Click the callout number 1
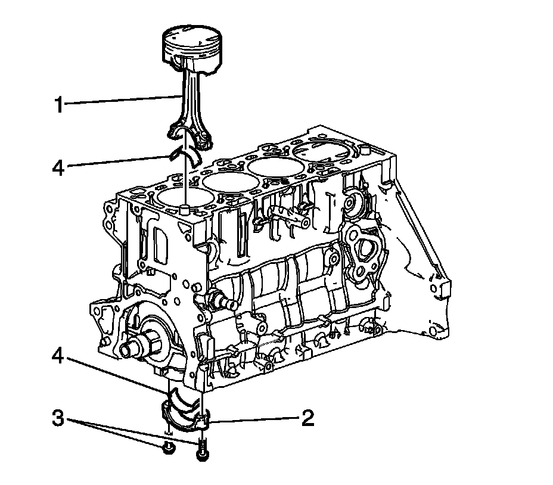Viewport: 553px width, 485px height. (x=58, y=105)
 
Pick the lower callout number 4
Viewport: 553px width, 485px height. (x=58, y=356)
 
